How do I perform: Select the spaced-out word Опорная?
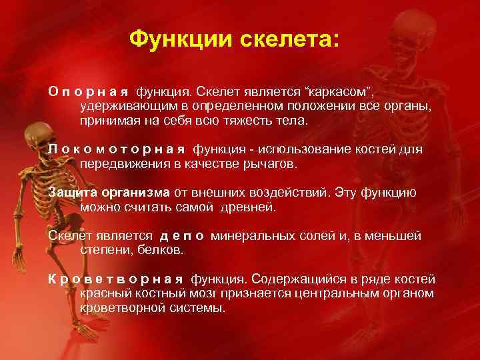[89, 89]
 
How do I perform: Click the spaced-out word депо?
[185, 236]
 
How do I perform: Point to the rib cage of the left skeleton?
[49, 183]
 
